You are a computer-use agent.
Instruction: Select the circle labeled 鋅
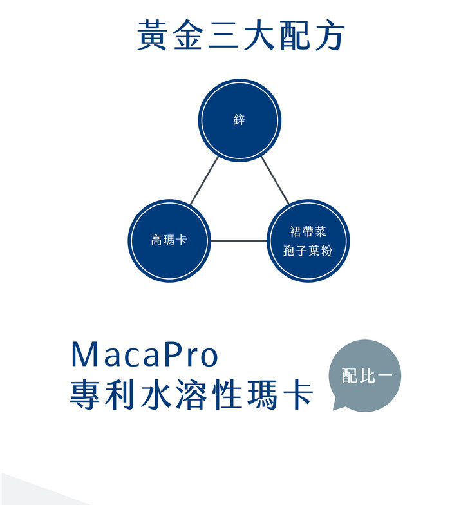(240, 120)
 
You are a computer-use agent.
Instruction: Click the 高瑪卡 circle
(169, 241)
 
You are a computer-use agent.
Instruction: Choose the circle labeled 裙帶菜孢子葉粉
(308, 241)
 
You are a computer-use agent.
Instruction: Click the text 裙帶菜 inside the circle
(308, 232)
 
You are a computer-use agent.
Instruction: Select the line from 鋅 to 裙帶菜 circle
(275, 181)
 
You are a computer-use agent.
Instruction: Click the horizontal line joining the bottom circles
(238, 242)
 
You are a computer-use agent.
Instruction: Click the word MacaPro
(145, 355)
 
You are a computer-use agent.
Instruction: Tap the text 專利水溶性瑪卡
(192, 394)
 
